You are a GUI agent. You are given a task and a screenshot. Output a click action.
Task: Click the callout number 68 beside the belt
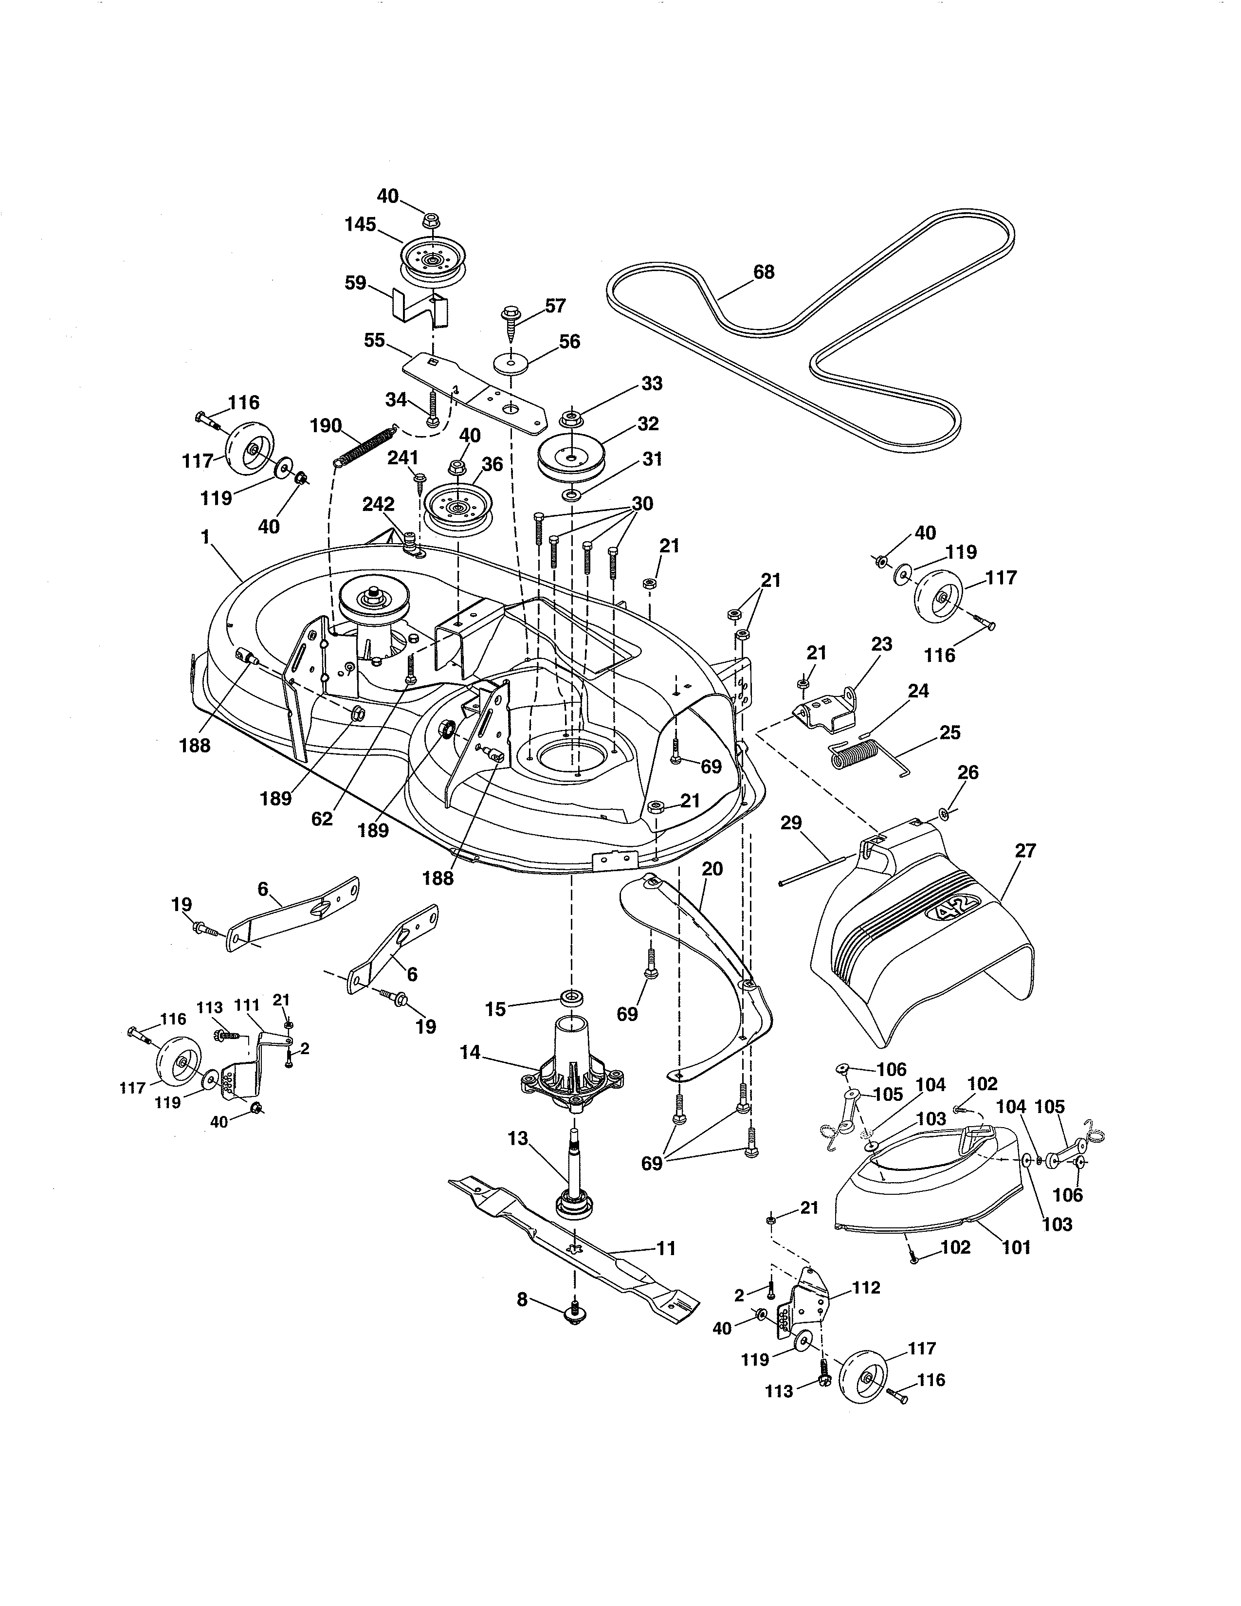point(764,272)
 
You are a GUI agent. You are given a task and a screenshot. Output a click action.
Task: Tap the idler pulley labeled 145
point(429,262)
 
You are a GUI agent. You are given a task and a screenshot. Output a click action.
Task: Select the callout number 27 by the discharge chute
point(1025,851)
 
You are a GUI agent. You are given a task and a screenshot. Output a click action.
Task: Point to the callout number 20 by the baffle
point(712,869)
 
